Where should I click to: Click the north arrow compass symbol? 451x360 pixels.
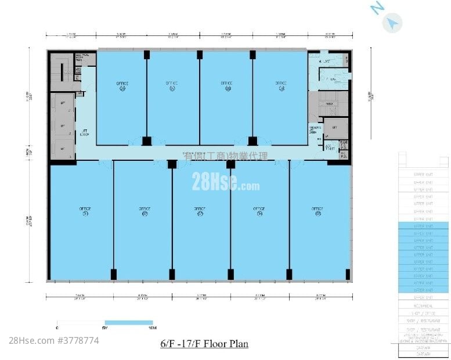click(393, 22)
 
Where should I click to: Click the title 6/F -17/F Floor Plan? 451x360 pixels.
click(204, 344)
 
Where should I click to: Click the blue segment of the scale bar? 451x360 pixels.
click(128, 322)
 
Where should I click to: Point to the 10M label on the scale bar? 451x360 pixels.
click(152, 329)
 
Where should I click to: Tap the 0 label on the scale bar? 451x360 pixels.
click(57, 329)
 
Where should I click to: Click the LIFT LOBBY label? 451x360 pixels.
click(84, 133)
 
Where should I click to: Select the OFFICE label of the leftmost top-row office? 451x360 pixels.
click(121, 84)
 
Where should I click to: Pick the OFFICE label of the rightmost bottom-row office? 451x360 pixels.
click(317, 210)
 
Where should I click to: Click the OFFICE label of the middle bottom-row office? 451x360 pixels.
click(200, 210)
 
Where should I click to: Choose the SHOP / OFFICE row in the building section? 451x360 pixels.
click(423, 312)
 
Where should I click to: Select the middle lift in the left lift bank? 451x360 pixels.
click(63, 125)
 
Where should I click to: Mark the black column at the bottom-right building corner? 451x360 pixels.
click(348, 274)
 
